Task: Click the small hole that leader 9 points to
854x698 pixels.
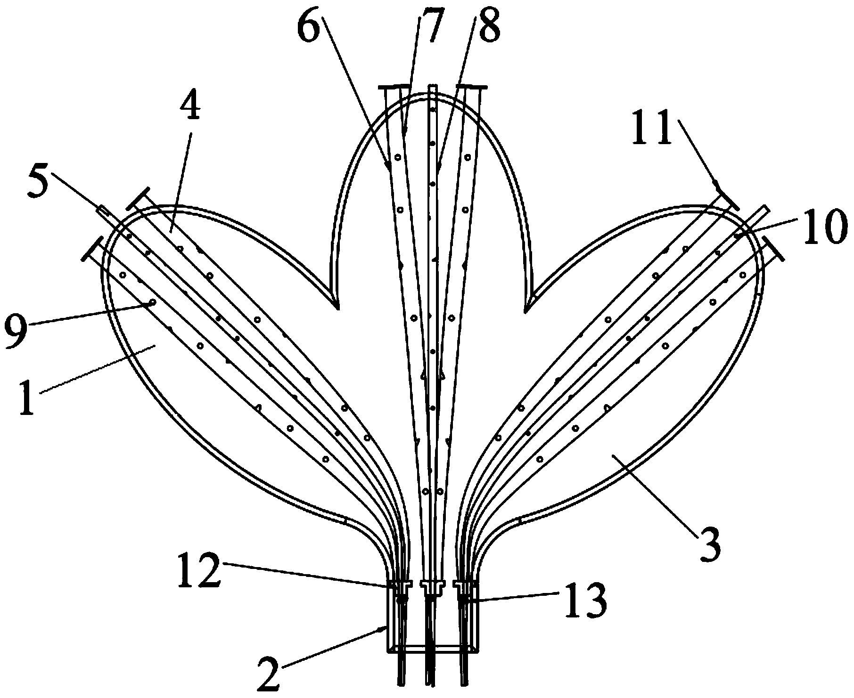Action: click(x=152, y=302)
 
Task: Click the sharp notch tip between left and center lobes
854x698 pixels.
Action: click(x=337, y=308)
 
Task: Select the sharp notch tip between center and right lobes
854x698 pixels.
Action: click(x=526, y=311)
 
